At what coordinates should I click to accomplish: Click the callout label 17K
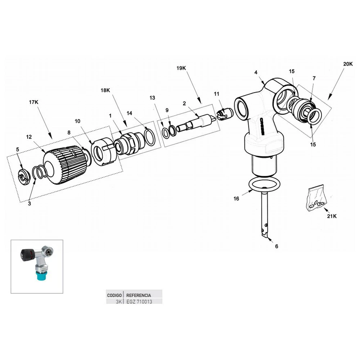coord(33,102)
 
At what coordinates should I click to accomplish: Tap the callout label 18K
coord(105,91)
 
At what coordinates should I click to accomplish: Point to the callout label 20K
coord(348,64)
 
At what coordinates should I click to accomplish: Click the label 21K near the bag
coord(332,217)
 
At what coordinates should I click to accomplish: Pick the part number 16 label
coord(236,198)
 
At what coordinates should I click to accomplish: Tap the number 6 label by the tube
coord(276,246)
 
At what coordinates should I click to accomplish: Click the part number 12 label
coord(29,137)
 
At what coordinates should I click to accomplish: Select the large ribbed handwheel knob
coord(65,165)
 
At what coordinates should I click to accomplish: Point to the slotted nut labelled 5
coord(23,176)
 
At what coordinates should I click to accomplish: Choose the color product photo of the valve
coord(37,266)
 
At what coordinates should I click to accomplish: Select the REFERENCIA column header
coord(139,295)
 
